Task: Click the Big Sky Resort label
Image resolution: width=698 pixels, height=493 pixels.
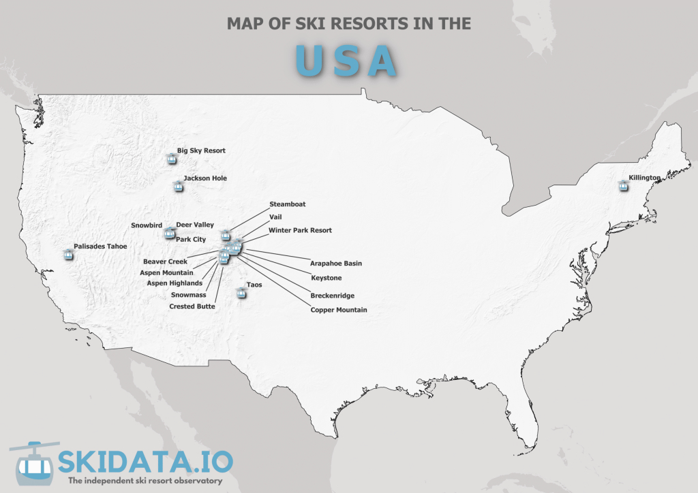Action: [x=201, y=150]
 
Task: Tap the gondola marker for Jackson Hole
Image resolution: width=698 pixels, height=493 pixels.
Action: [x=178, y=185]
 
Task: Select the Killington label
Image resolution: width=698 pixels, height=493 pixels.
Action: [x=645, y=178]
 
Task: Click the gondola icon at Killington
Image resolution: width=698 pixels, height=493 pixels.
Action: [x=623, y=185]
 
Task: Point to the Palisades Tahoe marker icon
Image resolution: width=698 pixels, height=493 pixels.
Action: [x=67, y=254]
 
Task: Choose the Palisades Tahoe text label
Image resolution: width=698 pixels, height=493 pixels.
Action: [x=100, y=246]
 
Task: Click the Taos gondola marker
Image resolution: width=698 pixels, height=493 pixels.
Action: [x=240, y=293]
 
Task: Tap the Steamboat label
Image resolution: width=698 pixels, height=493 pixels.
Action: [x=288, y=204]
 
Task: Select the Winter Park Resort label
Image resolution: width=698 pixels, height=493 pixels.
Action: [x=300, y=230]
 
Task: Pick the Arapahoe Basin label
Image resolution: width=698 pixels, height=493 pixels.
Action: [x=336, y=263]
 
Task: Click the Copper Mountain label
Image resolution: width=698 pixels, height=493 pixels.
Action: [x=339, y=310]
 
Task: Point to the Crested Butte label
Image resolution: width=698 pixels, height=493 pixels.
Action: [x=192, y=306]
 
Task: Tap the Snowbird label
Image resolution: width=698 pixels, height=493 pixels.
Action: [x=146, y=225]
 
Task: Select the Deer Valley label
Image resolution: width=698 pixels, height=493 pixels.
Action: [x=195, y=225]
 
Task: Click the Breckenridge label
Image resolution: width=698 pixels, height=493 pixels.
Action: [x=333, y=296]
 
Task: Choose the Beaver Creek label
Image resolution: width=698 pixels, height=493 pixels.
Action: [x=165, y=261]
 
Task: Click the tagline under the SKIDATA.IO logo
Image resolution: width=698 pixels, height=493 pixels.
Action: [x=145, y=481]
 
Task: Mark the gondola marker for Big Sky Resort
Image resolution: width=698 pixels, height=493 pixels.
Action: [x=171, y=159]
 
